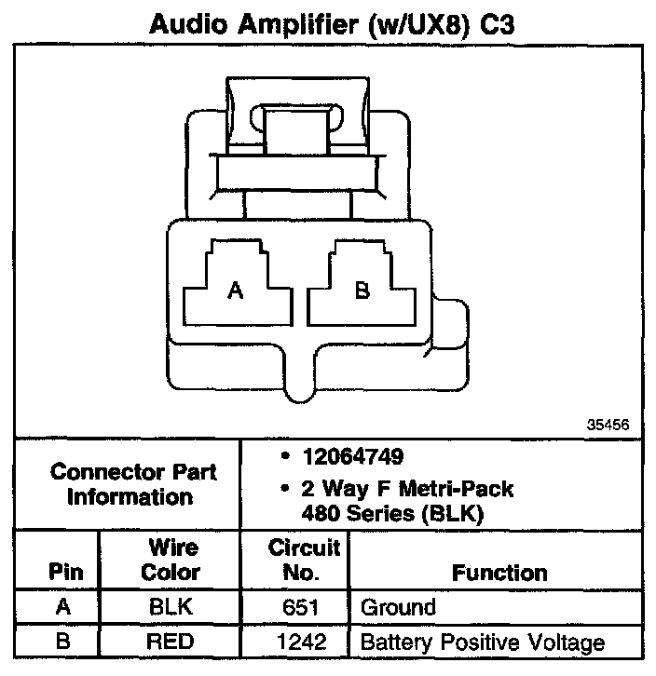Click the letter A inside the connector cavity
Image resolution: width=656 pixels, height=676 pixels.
(236, 291)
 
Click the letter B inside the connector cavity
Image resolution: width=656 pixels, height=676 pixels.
(362, 291)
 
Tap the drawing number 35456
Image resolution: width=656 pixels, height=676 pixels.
(608, 424)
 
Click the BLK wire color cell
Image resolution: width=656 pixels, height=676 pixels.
(170, 608)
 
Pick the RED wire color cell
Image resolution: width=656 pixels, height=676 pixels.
(170, 642)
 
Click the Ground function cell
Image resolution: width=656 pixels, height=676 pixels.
(398, 608)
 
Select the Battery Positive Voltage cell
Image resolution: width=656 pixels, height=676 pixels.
(482, 642)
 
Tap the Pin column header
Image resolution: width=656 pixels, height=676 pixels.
(62, 572)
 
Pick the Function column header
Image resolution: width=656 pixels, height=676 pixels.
(499, 572)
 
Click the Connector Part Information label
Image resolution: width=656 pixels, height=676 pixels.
(132, 484)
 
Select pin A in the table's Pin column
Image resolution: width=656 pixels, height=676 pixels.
(62, 608)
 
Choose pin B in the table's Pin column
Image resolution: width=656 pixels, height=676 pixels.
(62, 642)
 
